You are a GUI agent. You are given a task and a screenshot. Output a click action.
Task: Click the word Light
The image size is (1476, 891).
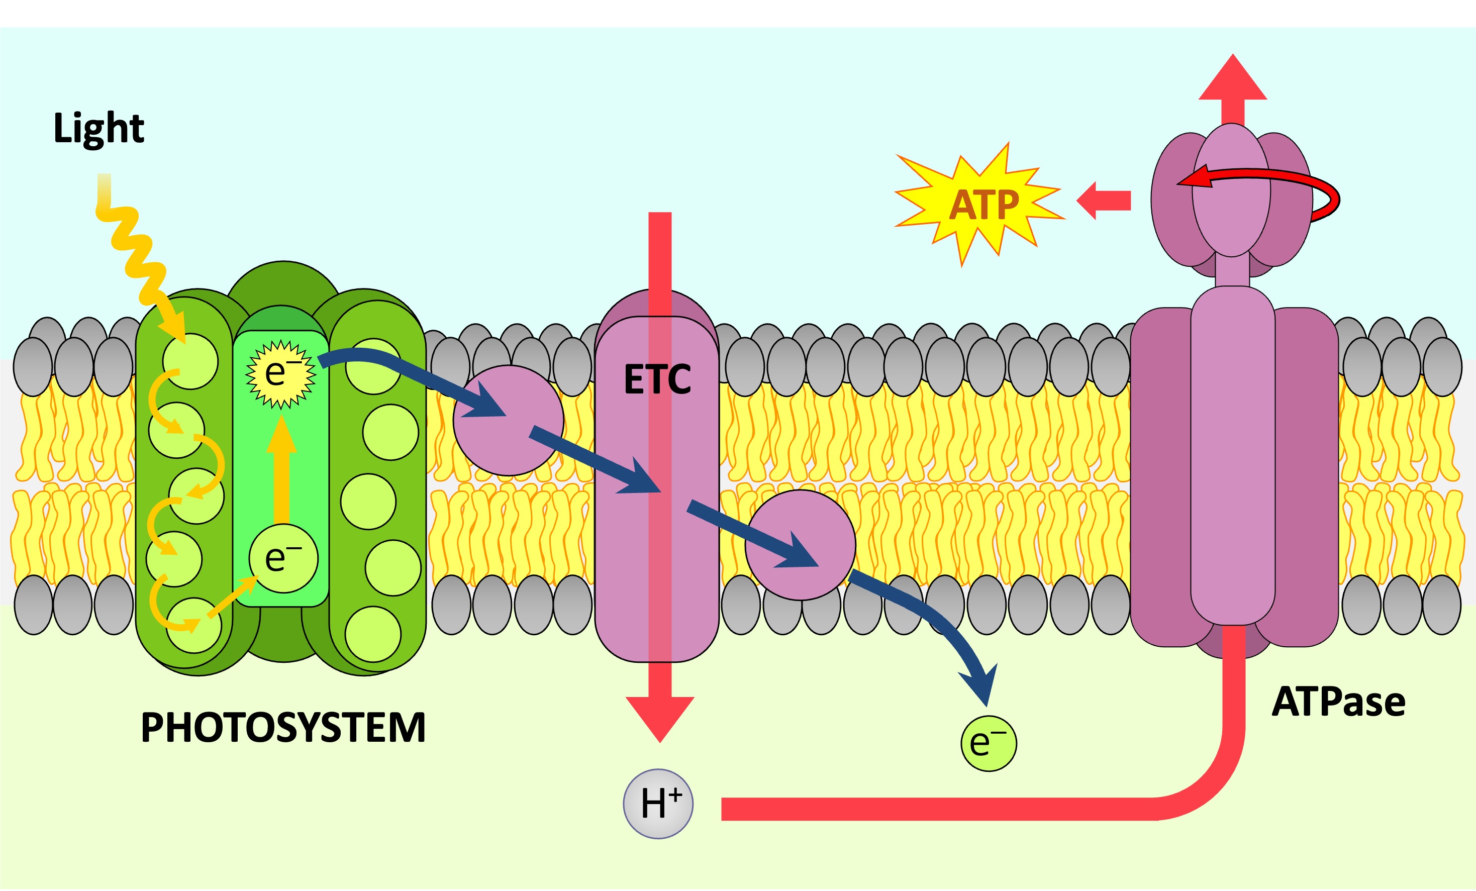coord(99,128)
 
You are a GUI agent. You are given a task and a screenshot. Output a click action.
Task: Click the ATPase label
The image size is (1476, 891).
coord(1338,702)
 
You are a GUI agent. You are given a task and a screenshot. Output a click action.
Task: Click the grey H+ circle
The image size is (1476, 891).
coord(658,804)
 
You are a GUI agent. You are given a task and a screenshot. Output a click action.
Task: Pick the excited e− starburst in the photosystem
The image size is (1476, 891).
coord(280,374)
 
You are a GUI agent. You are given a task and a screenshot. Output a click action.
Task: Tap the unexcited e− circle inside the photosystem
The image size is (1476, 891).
coord(283,558)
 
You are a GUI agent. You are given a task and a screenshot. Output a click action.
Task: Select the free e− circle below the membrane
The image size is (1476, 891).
coord(989,743)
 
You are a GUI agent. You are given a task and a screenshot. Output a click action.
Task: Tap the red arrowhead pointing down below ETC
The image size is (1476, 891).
coord(659,716)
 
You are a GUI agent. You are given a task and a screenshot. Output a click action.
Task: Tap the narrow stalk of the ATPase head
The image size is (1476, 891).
coord(1232,271)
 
